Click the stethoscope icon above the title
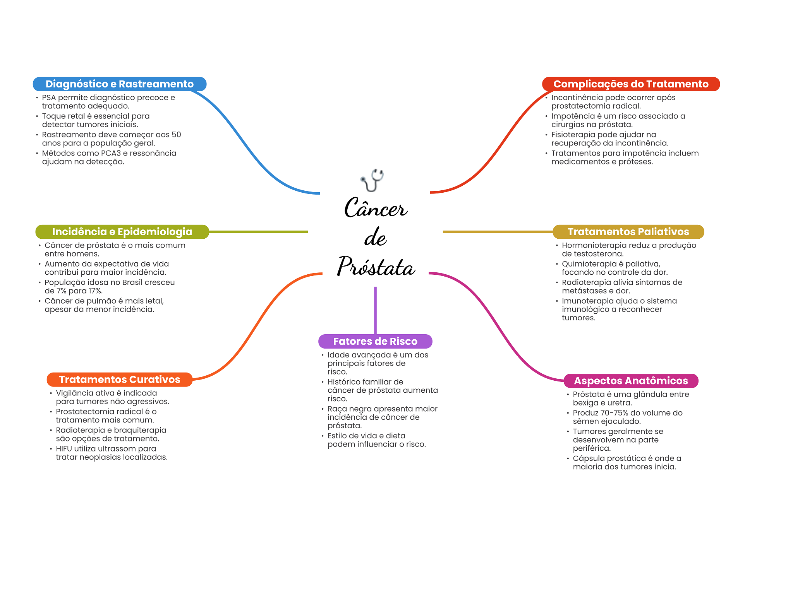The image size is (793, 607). click(x=372, y=180)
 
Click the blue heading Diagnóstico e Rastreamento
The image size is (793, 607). click(x=119, y=84)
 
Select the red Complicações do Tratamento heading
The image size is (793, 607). click(x=630, y=84)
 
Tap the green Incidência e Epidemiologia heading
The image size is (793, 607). click(x=122, y=232)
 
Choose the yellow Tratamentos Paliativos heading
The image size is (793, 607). click(x=628, y=232)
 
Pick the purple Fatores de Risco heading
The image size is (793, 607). click(x=375, y=341)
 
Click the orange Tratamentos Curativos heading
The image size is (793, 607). click(x=119, y=380)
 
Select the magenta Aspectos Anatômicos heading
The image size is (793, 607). click(x=630, y=381)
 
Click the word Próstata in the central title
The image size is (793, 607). click(x=376, y=267)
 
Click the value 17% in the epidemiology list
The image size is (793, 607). click(x=95, y=291)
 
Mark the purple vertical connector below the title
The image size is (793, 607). click(x=375, y=309)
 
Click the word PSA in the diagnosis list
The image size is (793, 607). click(x=49, y=97)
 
